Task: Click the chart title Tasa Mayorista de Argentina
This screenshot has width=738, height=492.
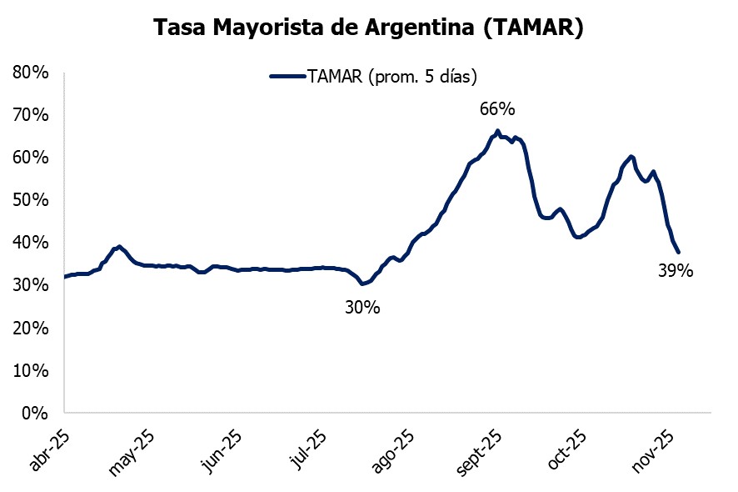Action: [x=369, y=27]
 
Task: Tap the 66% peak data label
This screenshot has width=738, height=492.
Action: [x=497, y=109]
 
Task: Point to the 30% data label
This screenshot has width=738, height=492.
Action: [x=362, y=308]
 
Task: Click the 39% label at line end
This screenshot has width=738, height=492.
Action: [x=676, y=270]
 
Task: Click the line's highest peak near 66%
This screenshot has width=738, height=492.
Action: [x=497, y=131]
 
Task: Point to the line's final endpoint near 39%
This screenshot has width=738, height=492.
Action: [x=679, y=252]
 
